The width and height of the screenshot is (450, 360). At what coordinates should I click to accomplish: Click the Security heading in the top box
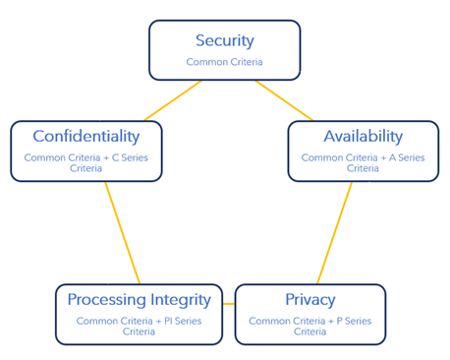224,41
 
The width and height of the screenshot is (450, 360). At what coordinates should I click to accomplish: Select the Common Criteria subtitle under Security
224,62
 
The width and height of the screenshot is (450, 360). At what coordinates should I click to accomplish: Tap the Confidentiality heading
86,136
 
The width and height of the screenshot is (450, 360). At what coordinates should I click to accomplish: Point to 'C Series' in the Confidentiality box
129,157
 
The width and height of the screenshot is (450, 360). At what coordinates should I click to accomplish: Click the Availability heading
363,136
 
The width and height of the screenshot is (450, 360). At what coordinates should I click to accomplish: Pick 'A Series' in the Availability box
406,157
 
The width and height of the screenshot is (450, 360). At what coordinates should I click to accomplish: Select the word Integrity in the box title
179,299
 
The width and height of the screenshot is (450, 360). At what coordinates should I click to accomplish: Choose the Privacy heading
309,299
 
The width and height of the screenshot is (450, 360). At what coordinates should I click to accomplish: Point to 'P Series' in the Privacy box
351,321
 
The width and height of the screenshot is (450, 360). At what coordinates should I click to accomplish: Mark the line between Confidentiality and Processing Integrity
122,233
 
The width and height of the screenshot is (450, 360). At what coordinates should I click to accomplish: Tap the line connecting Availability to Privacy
334,233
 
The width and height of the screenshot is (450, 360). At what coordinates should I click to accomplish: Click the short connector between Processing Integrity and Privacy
228,303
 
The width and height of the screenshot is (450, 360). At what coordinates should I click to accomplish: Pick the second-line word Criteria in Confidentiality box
86,168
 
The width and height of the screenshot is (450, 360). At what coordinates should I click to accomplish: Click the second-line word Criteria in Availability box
363,168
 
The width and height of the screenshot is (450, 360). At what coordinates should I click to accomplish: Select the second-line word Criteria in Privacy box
309,331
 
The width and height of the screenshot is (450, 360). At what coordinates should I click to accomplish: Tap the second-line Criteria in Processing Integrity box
139,331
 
